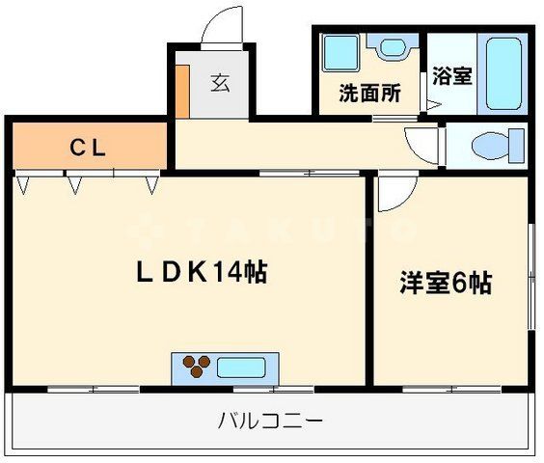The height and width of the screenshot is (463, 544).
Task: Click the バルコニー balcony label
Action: point(270,422)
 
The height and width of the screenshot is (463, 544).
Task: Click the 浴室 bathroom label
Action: point(451,76)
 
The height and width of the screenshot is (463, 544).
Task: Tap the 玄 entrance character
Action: point(221,83)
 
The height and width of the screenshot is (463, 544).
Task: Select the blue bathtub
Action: point(503,73)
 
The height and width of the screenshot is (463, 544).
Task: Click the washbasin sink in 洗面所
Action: point(392,46)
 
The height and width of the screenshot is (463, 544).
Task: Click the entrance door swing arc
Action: point(228,25)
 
